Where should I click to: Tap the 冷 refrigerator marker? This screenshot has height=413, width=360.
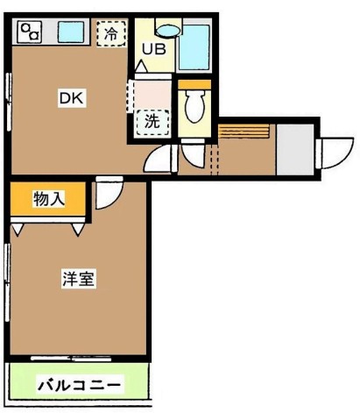click(x=110, y=34)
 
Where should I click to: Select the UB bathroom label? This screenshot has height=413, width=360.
click(x=155, y=51)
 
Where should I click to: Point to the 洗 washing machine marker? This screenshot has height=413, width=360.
click(x=151, y=120)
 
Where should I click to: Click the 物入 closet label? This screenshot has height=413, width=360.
click(x=49, y=199)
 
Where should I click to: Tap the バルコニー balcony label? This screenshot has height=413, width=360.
click(x=80, y=384)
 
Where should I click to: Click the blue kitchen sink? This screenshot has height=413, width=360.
click(x=67, y=33)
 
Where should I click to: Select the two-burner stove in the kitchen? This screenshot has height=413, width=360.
click(x=32, y=33)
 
